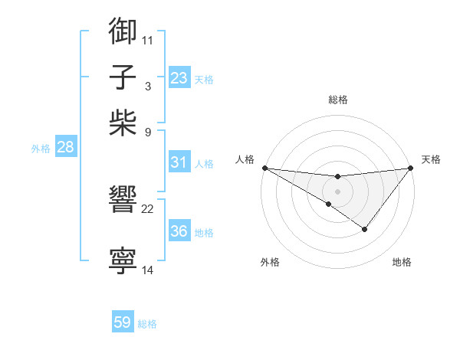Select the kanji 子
tap(123, 77)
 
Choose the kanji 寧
tap(123, 261)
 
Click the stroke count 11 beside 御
tap(148, 39)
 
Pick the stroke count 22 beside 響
tap(148, 208)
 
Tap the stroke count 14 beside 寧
tap(148, 270)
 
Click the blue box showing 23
tap(179, 78)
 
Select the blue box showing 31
tap(179, 162)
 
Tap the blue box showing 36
tap(179, 232)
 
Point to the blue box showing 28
tap(65, 148)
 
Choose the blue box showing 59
tap(123, 322)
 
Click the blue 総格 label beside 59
tap(147, 324)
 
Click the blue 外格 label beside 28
tap(41, 149)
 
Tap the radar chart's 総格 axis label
tap(337, 100)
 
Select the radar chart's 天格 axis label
tap(431, 159)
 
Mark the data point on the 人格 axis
tap(264, 168)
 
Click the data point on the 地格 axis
tap(365, 229)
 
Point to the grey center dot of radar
tap(337, 191)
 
